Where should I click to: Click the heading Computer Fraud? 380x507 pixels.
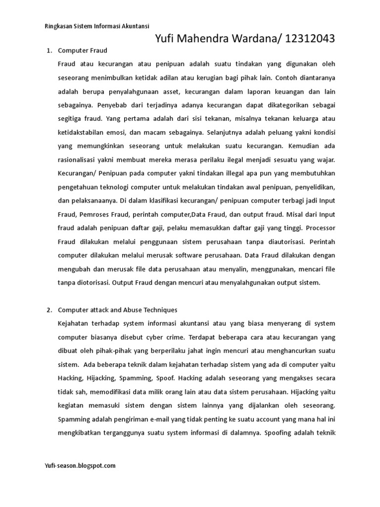click(83, 51)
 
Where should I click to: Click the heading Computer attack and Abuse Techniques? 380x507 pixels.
click(117, 310)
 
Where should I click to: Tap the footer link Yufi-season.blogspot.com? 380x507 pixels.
click(80, 465)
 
